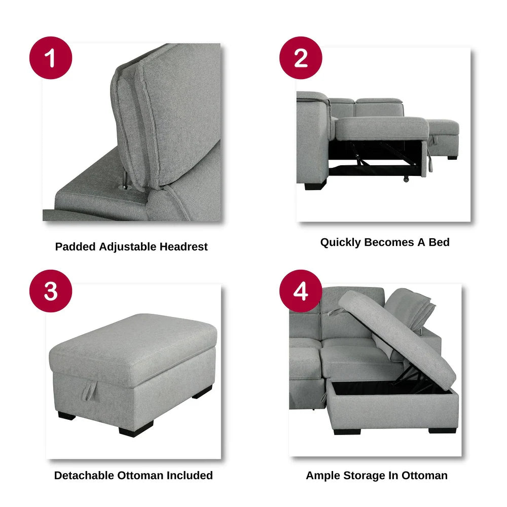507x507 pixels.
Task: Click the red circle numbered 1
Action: coord(51,58)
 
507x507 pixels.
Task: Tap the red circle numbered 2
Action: coord(301,58)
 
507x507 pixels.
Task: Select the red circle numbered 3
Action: coord(51,291)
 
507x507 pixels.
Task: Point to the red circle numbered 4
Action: coord(301,291)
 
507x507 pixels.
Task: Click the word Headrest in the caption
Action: coord(184,247)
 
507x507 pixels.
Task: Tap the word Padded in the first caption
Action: coord(76,247)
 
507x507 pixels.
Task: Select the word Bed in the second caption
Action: coord(439,242)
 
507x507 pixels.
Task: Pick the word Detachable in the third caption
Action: coord(84,476)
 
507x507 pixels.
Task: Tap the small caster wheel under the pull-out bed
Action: coord(406,179)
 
